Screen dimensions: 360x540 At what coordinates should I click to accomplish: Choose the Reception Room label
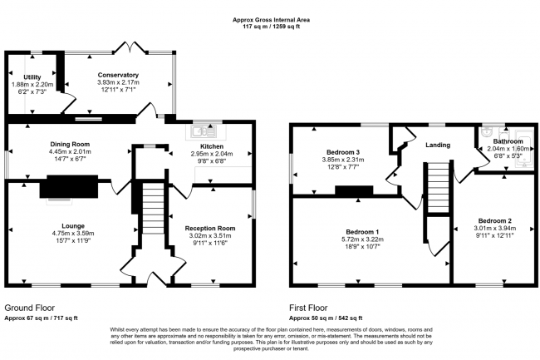point(209,228)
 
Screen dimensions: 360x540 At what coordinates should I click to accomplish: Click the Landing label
point(438,145)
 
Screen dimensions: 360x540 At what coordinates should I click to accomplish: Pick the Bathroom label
point(507,141)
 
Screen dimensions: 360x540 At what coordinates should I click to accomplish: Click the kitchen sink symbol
point(202,131)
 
